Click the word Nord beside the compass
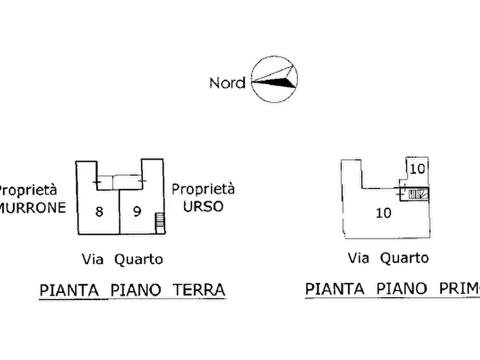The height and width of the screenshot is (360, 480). (x=227, y=83)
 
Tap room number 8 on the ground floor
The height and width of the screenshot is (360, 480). (x=99, y=212)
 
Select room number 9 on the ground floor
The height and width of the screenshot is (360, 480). (x=137, y=212)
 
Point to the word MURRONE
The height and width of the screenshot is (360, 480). (x=32, y=207)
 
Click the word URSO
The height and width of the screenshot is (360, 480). (x=203, y=206)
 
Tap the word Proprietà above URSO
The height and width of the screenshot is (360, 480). (x=203, y=189)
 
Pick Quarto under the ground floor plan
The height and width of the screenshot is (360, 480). (x=138, y=259)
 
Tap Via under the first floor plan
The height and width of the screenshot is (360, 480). (x=359, y=258)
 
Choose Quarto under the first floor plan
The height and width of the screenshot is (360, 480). (x=404, y=258)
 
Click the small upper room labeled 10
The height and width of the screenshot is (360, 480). (x=417, y=169)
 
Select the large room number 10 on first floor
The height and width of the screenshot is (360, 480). (x=383, y=213)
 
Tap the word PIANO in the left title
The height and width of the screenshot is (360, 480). (x=135, y=290)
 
